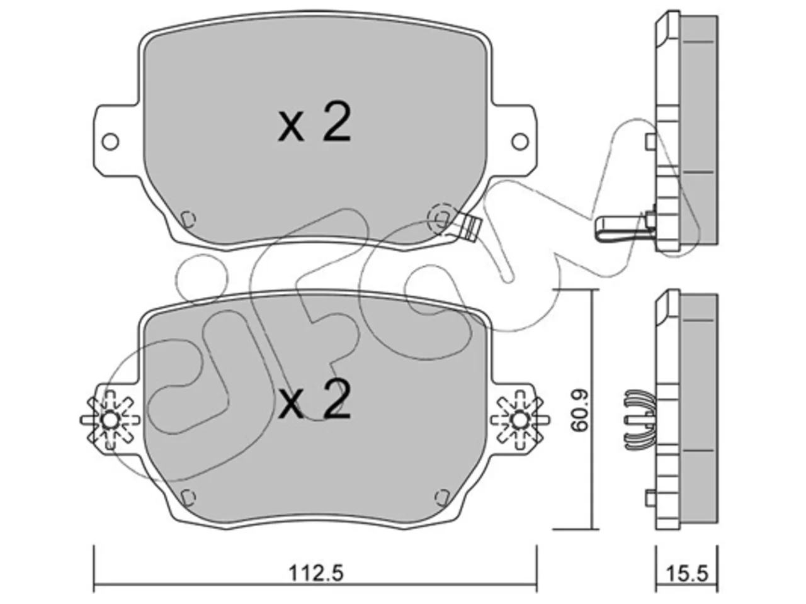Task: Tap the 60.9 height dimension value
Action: click(580, 410)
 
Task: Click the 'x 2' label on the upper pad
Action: click(315, 123)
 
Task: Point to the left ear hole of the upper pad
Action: click(110, 141)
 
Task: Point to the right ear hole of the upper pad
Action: click(520, 141)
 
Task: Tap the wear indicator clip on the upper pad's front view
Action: click(471, 228)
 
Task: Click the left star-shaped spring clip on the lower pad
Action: click(110, 420)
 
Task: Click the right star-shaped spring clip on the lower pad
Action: click(520, 420)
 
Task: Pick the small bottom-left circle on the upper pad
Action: click(188, 219)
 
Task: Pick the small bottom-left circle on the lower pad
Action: click(188, 497)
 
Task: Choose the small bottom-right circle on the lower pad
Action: click(443, 497)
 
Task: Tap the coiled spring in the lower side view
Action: click(637, 419)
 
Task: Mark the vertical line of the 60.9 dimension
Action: click(591, 409)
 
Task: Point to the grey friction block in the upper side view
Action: click(699, 131)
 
